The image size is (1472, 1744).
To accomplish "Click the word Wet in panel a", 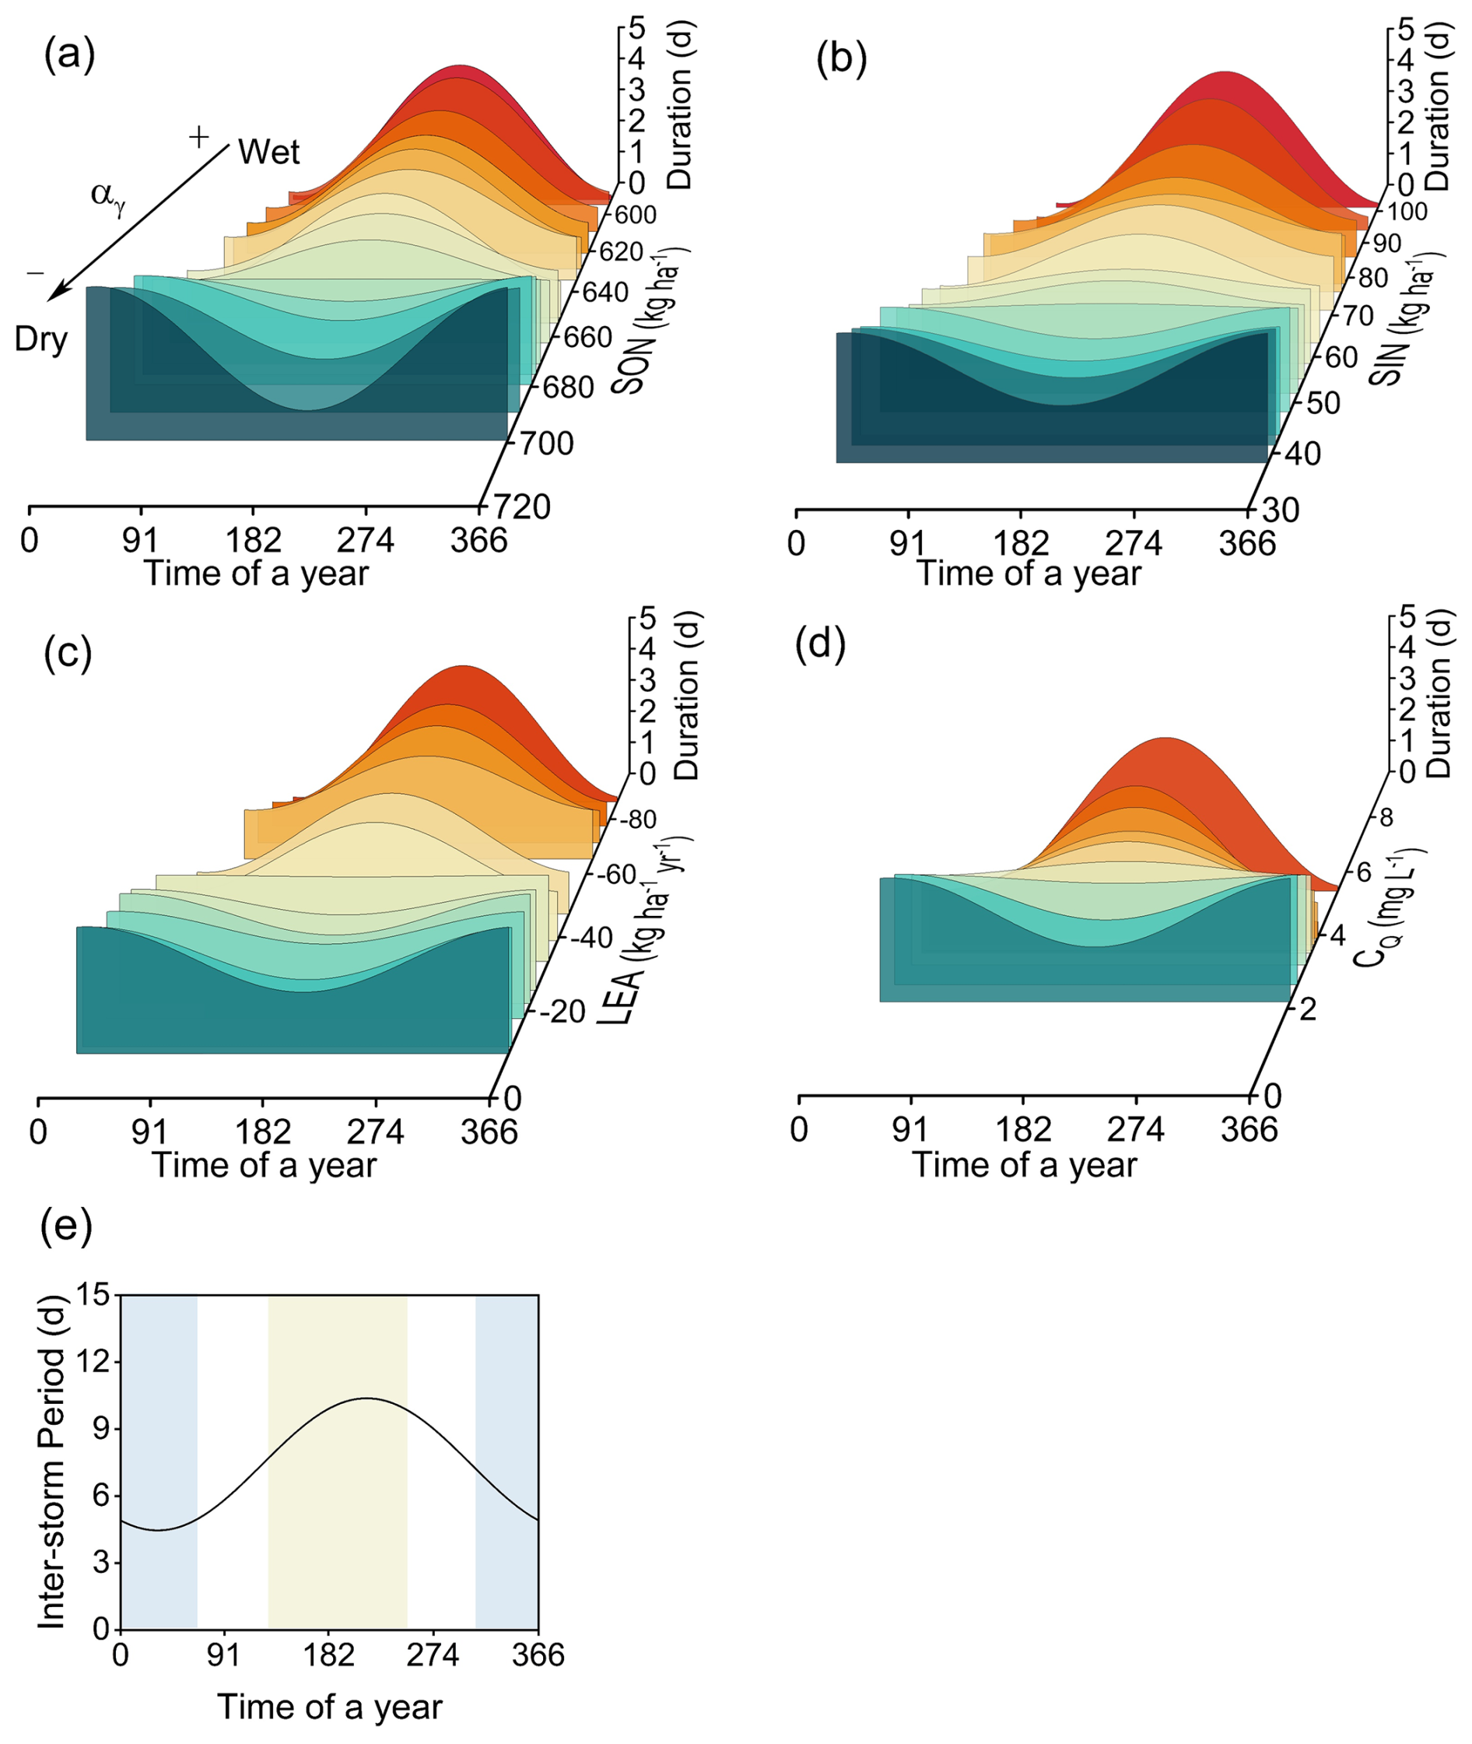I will point(268,153).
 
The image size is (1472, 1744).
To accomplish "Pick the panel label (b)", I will point(842,58).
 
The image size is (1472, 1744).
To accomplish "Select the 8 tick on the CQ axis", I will point(1384,817).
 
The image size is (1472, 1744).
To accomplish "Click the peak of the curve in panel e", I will point(366,1398).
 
